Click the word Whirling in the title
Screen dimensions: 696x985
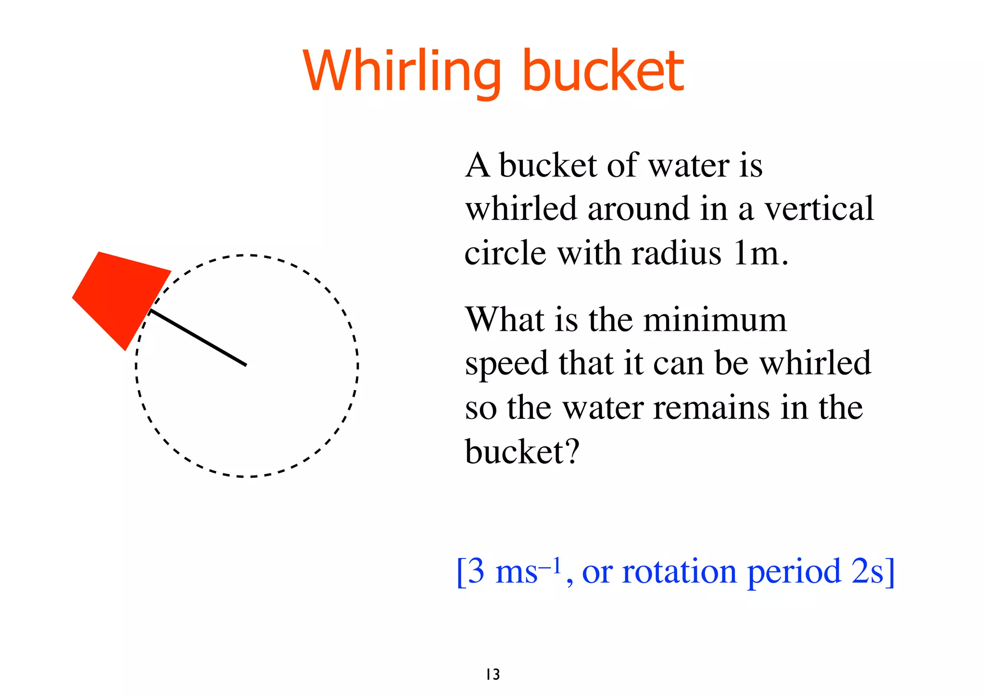(402, 71)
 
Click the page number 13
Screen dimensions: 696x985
(493, 674)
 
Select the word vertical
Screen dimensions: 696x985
(819, 209)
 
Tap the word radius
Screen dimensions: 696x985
(676, 253)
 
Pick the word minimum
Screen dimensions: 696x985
(715, 319)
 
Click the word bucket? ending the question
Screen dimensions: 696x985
(522, 452)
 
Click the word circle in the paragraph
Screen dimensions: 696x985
(505, 253)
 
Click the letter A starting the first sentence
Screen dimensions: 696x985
(477, 165)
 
